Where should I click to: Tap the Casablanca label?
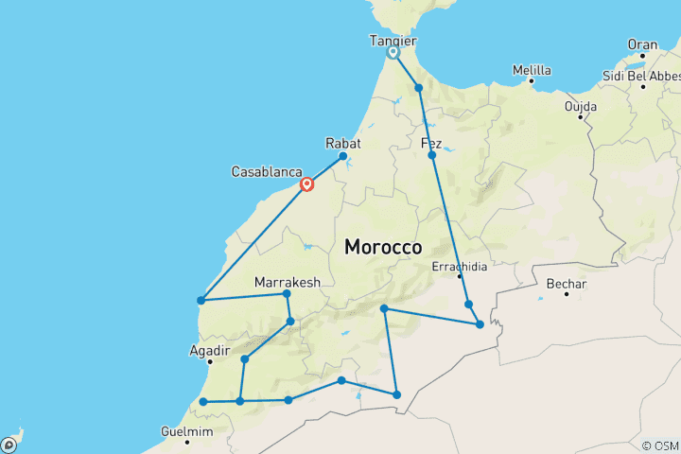267,172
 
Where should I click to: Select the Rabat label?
343,143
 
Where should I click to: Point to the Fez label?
431,143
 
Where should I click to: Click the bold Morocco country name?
383,247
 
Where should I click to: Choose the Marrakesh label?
288,282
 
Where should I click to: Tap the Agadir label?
210,350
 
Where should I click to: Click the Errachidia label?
459,266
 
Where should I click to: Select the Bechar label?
567,284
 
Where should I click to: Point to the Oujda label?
581,107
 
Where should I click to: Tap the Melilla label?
531,69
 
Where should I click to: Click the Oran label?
642,44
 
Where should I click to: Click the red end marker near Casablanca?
307,184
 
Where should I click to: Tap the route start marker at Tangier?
393,53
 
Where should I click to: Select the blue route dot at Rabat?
342,156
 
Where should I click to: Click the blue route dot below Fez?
432,154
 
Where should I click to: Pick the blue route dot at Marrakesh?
287,294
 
